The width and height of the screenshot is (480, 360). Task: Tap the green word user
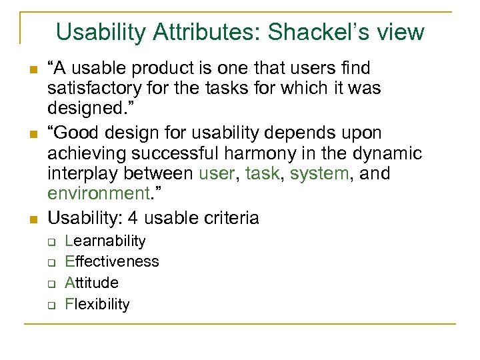[217, 174]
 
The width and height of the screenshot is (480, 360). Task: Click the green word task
[261, 174]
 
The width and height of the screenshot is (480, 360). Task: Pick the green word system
[318, 174]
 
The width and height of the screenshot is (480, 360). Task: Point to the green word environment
[97, 194]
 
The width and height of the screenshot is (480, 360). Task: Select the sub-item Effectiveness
[111, 261]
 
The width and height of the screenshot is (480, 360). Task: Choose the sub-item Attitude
[91, 283]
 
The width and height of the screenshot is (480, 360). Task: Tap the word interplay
[83, 174]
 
